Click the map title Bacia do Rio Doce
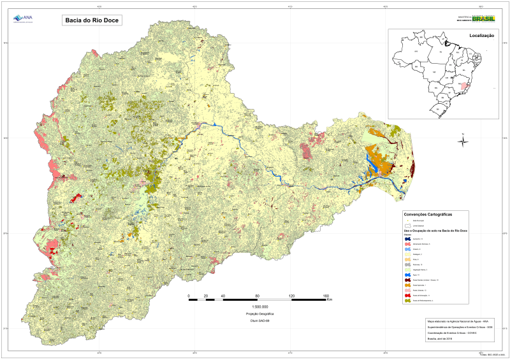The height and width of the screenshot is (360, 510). click(x=92, y=20)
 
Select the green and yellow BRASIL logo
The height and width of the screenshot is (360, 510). click(x=484, y=19)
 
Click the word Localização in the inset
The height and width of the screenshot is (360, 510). click(x=482, y=36)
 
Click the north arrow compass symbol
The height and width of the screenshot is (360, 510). click(x=463, y=141)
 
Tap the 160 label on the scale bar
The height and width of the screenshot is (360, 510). click(x=326, y=296)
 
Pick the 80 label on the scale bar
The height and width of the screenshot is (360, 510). click(x=257, y=296)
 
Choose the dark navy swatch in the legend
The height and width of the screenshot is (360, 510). click(x=408, y=239)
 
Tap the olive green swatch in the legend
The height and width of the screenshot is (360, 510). click(x=408, y=300)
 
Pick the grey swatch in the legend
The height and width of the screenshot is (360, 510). click(x=408, y=264)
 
